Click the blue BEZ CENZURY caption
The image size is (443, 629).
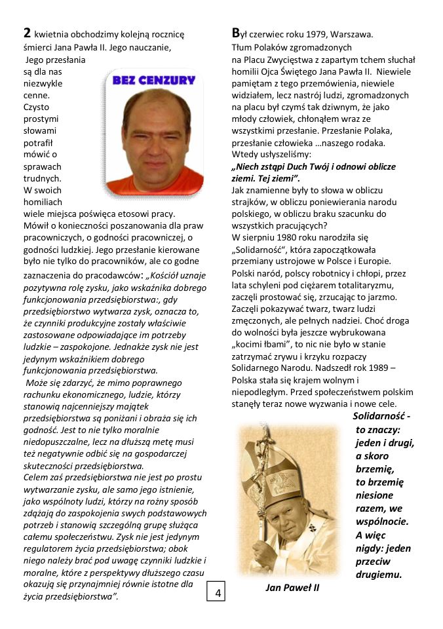[155, 81]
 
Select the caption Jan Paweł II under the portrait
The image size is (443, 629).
[292, 588]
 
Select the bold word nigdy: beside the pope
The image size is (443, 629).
[374, 548]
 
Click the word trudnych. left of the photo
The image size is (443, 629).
[42, 178]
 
